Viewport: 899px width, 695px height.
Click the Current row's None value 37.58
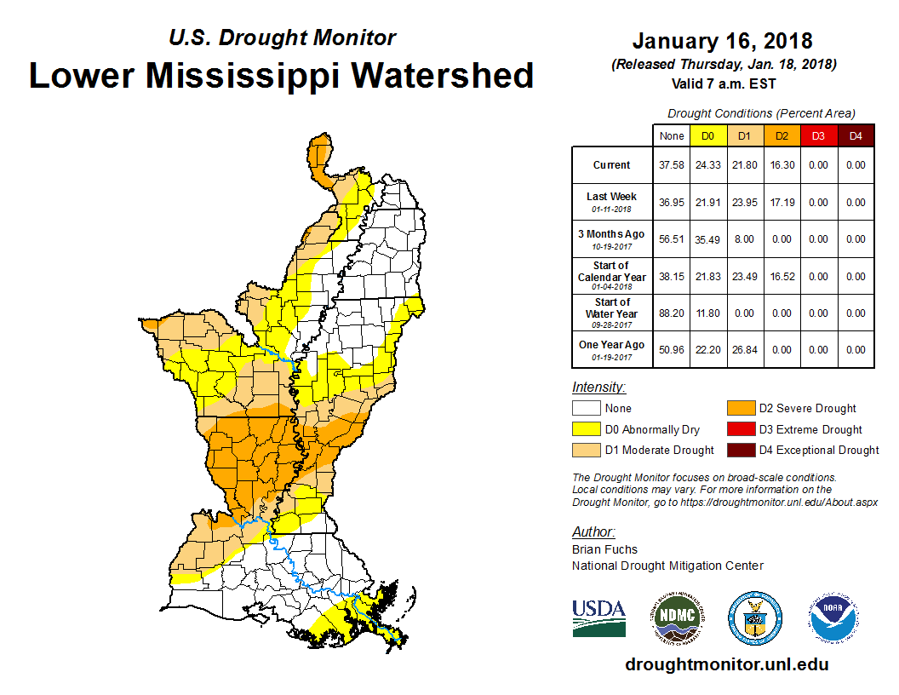coord(671,165)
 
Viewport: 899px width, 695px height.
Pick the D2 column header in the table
coord(782,135)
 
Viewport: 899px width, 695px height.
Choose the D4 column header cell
coord(856,135)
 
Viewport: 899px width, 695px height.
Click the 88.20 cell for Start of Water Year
coord(671,313)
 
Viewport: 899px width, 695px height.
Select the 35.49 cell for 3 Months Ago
coord(707,239)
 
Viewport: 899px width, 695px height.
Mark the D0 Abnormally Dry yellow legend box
coord(586,429)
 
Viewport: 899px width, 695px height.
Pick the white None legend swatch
coord(586,409)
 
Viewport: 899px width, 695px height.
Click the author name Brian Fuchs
coord(604,549)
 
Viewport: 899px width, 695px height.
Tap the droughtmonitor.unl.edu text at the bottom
coord(726,664)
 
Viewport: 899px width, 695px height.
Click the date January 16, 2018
coord(722,41)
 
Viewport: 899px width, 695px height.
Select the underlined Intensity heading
coord(598,387)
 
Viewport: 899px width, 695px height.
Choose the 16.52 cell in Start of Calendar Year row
coord(782,276)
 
